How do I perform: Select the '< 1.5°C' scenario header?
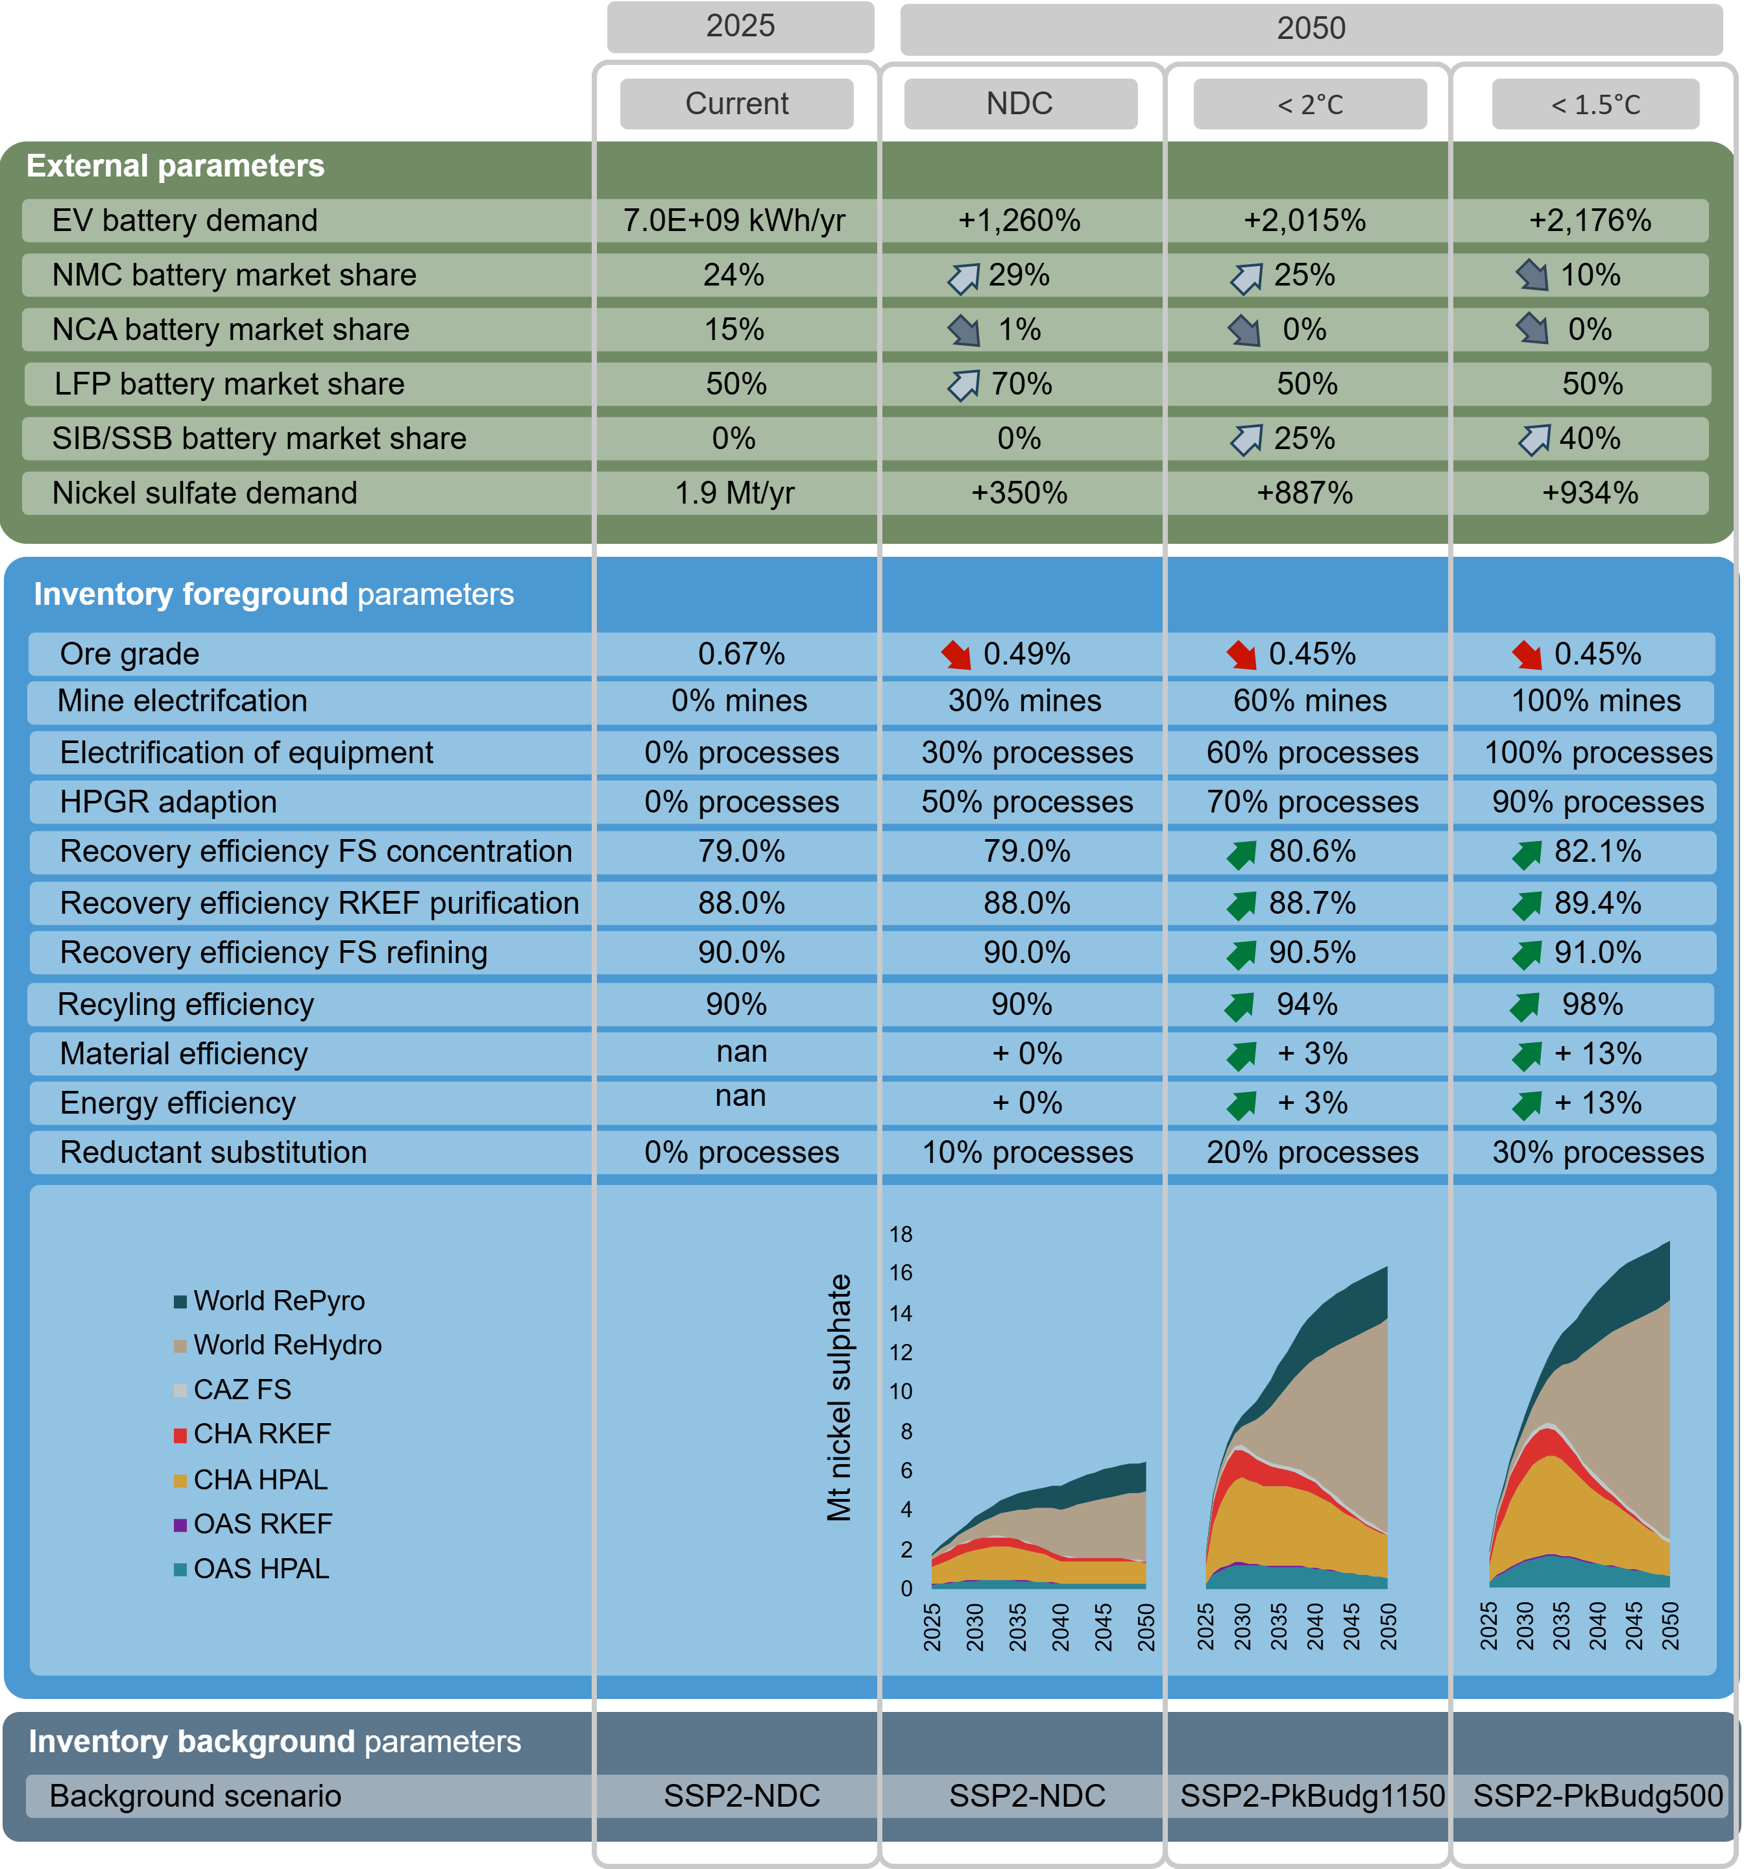pos(1595,103)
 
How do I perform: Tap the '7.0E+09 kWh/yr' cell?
pos(734,220)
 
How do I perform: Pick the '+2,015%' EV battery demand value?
pos(1304,220)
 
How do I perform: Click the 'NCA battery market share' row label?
pos(230,329)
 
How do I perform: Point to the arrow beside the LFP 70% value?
pos(963,385)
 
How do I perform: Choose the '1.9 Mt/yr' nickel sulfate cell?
pos(734,493)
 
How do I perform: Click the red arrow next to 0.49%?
pos(957,654)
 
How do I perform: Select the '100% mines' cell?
pos(1595,700)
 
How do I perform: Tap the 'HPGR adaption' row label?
pos(168,802)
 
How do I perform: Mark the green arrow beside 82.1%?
pos(1527,853)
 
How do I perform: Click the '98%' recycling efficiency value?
pos(1593,1004)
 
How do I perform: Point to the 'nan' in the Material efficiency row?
pos(742,1051)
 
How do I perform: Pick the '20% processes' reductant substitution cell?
pos(1313,1153)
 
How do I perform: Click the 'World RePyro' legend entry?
pos(270,1301)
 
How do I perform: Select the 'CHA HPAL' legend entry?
pos(251,1480)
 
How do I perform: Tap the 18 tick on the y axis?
pos(901,1234)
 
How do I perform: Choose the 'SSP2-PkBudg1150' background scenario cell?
pos(1313,1796)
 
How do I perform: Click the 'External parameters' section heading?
pos(175,165)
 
